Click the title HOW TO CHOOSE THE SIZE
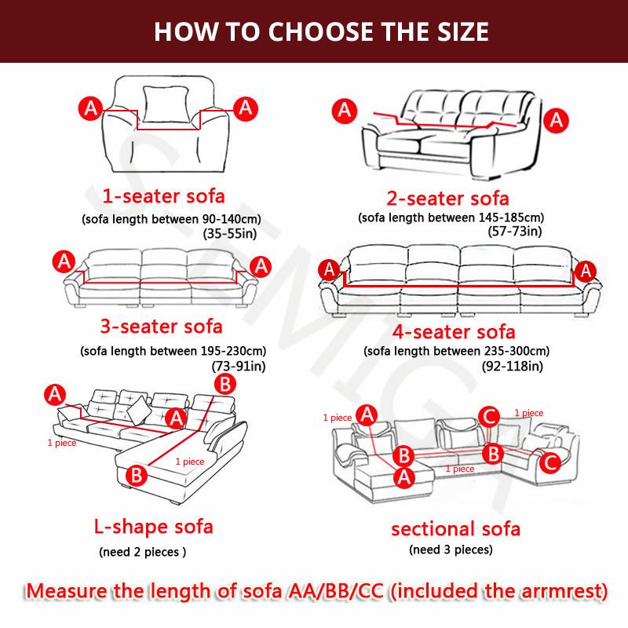coord(320,31)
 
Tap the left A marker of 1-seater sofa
coord(89,108)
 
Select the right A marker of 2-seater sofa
coord(557,120)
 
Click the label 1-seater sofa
coord(164,195)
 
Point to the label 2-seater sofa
coord(448,197)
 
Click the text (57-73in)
coord(513,231)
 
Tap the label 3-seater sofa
coord(161,325)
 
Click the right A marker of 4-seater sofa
coord(582,271)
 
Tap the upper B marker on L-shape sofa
coord(225,384)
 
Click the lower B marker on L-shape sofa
coord(134,474)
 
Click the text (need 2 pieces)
coord(142,552)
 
